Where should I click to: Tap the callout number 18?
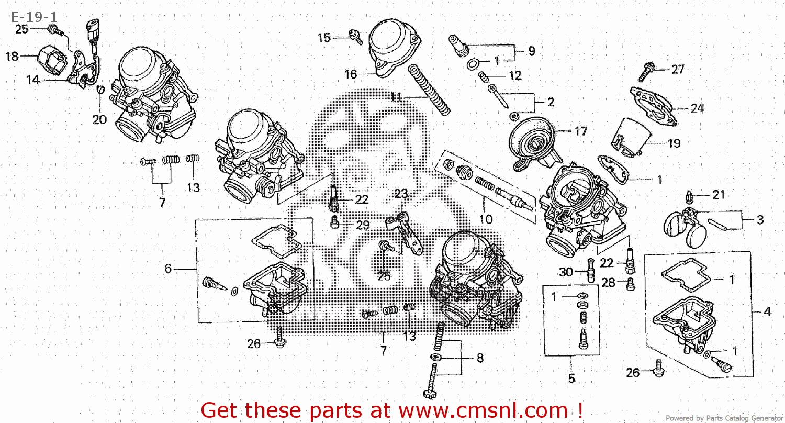pyautogui.click(x=12, y=57)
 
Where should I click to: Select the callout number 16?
pyautogui.click(x=351, y=75)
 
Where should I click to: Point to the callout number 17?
pyautogui.click(x=581, y=131)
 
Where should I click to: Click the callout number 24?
pyautogui.click(x=697, y=109)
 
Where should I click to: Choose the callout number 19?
pyautogui.click(x=674, y=143)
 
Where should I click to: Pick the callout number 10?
pyautogui.click(x=486, y=219)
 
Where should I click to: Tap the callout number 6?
pyautogui.click(x=168, y=269)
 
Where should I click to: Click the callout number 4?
pyautogui.click(x=767, y=312)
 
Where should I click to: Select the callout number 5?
pyautogui.click(x=571, y=377)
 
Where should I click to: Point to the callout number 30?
pyautogui.click(x=566, y=272)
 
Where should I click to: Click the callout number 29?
pyautogui.click(x=363, y=226)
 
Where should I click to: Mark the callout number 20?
pyautogui.click(x=99, y=119)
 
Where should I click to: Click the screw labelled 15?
pyautogui.click(x=356, y=38)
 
